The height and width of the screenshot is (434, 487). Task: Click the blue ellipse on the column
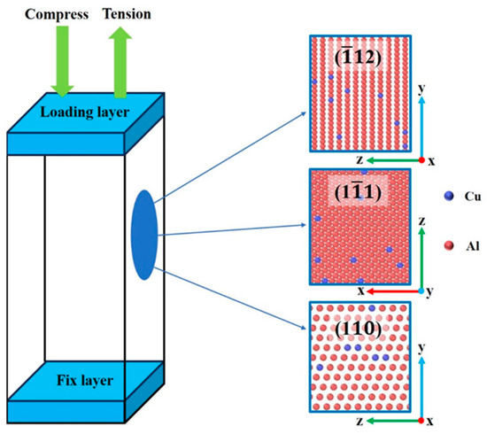point(143,234)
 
